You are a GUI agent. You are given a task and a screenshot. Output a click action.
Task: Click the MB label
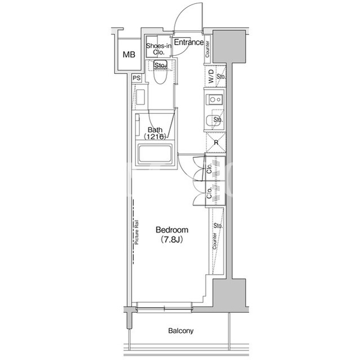coord(129,55)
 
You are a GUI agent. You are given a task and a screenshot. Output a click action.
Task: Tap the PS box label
coord(137,78)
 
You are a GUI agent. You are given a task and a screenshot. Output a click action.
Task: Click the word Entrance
coord(189,42)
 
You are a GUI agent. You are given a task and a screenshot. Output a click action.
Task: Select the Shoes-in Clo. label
coord(159,49)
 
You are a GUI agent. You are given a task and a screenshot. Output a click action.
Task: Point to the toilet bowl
coord(160,73)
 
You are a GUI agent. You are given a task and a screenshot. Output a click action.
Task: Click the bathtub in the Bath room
coord(155,154)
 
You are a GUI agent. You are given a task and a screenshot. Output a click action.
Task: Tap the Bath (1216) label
coord(155,134)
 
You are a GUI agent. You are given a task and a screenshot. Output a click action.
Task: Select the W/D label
coord(211,76)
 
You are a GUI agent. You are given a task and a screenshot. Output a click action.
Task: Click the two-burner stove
coord(215,100)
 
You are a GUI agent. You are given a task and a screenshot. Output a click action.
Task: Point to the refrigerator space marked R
coord(215,143)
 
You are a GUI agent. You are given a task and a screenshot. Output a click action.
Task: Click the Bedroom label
coord(171,230)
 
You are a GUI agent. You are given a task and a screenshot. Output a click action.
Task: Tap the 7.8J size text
coord(171,240)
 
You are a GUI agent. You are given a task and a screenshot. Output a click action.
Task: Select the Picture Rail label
coord(137,232)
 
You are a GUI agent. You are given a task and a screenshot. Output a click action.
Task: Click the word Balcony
coord(180,331)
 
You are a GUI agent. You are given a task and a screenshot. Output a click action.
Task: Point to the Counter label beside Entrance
coord(207,49)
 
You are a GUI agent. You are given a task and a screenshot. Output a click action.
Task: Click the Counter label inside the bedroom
coord(214,241)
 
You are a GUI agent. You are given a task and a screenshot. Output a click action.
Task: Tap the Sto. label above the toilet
coord(160,66)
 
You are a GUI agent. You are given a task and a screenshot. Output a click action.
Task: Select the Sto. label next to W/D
coord(221,77)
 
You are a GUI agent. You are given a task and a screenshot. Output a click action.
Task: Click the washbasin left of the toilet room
coord(140,97)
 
